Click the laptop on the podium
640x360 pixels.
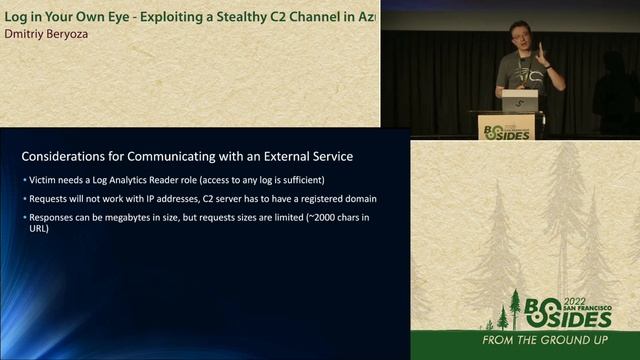click(x=519, y=101)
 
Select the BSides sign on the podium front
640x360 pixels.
click(x=506, y=128)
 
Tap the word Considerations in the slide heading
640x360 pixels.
click(x=68, y=157)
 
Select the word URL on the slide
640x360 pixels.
click(x=38, y=229)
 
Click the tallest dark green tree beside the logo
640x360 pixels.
click(x=515, y=309)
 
